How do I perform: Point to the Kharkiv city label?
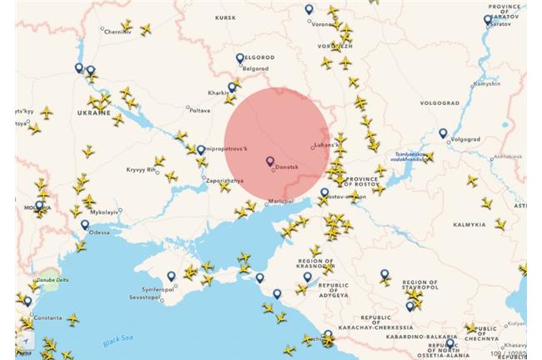coord(218,92)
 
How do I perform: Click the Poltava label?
coord(200,110)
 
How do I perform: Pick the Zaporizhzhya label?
coord(224,180)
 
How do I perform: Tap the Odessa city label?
coord(99,232)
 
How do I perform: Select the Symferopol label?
coord(155,288)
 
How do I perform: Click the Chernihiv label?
coord(117,32)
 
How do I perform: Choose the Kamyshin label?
coord(486,83)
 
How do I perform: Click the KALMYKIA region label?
coord(469,224)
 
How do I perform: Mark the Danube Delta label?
coord(52,280)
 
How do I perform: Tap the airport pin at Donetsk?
coord(269,161)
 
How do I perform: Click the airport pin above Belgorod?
coord(240,57)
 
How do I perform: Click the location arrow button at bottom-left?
coord(26,342)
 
